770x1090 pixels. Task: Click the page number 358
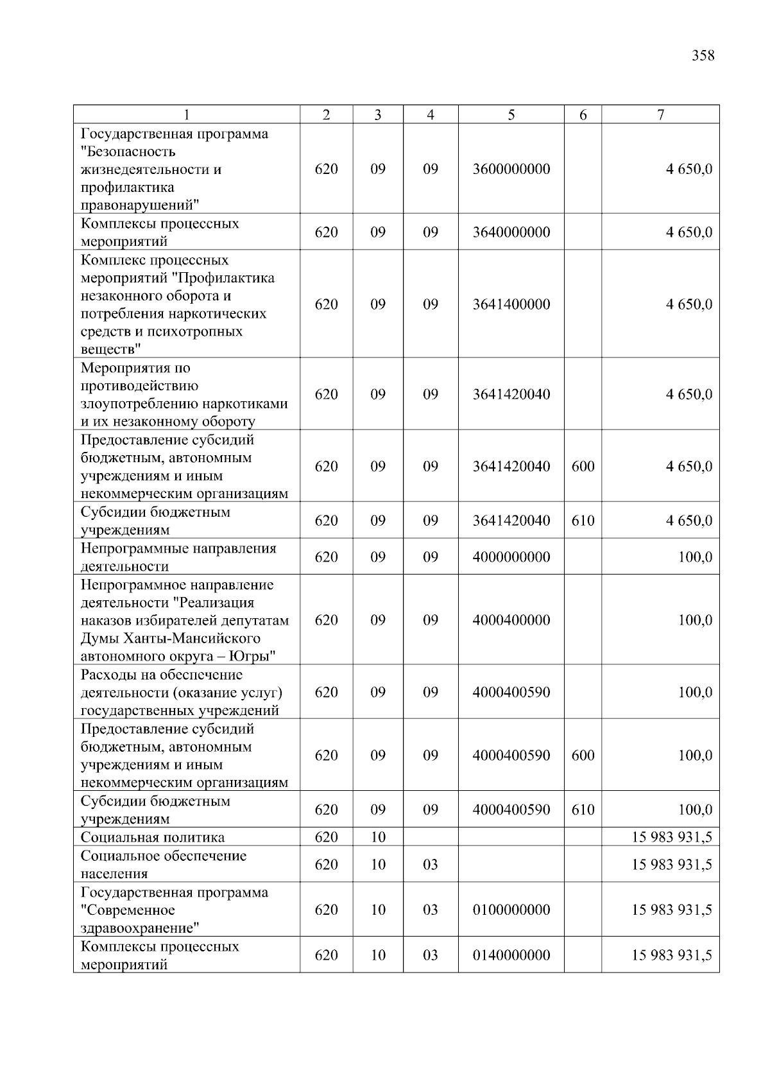pyautogui.click(x=703, y=56)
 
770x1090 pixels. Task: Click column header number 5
pyautogui.click(x=511, y=115)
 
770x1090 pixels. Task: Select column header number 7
pyautogui.click(x=660, y=115)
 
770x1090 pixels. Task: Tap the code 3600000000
pyautogui.click(x=511, y=169)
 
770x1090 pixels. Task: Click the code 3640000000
pyautogui.click(x=511, y=232)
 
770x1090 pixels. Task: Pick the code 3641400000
pyautogui.click(x=511, y=304)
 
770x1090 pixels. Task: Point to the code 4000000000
pyautogui.click(x=511, y=557)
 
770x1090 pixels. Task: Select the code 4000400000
pyautogui.click(x=511, y=620)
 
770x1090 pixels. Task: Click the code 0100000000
pyautogui.click(x=511, y=910)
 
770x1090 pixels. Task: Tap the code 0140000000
pyautogui.click(x=511, y=955)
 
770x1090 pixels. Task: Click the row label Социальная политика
pyautogui.click(x=153, y=837)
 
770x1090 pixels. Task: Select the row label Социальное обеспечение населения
pyautogui.click(x=164, y=864)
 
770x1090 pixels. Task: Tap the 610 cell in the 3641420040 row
pyautogui.click(x=583, y=521)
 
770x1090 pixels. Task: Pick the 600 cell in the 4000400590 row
pyautogui.click(x=583, y=756)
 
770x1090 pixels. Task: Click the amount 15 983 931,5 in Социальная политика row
pyautogui.click(x=671, y=837)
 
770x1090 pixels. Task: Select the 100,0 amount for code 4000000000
pyautogui.click(x=695, y=557)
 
